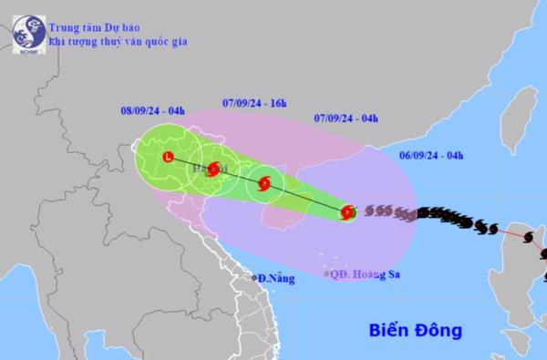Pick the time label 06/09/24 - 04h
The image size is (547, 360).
tap(437, 155)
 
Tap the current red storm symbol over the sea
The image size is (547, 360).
tap(347, 213)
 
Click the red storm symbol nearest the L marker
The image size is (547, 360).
tap(214, 169)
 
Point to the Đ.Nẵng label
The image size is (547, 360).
tap(275, 278)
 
